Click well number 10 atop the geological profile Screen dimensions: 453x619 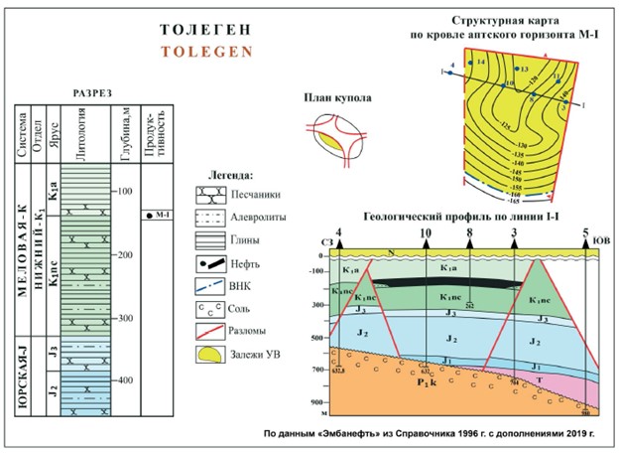(x=426, y=234)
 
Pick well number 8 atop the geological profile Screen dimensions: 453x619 (x=469, y=234)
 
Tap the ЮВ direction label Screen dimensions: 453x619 (x=600, y=239)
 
